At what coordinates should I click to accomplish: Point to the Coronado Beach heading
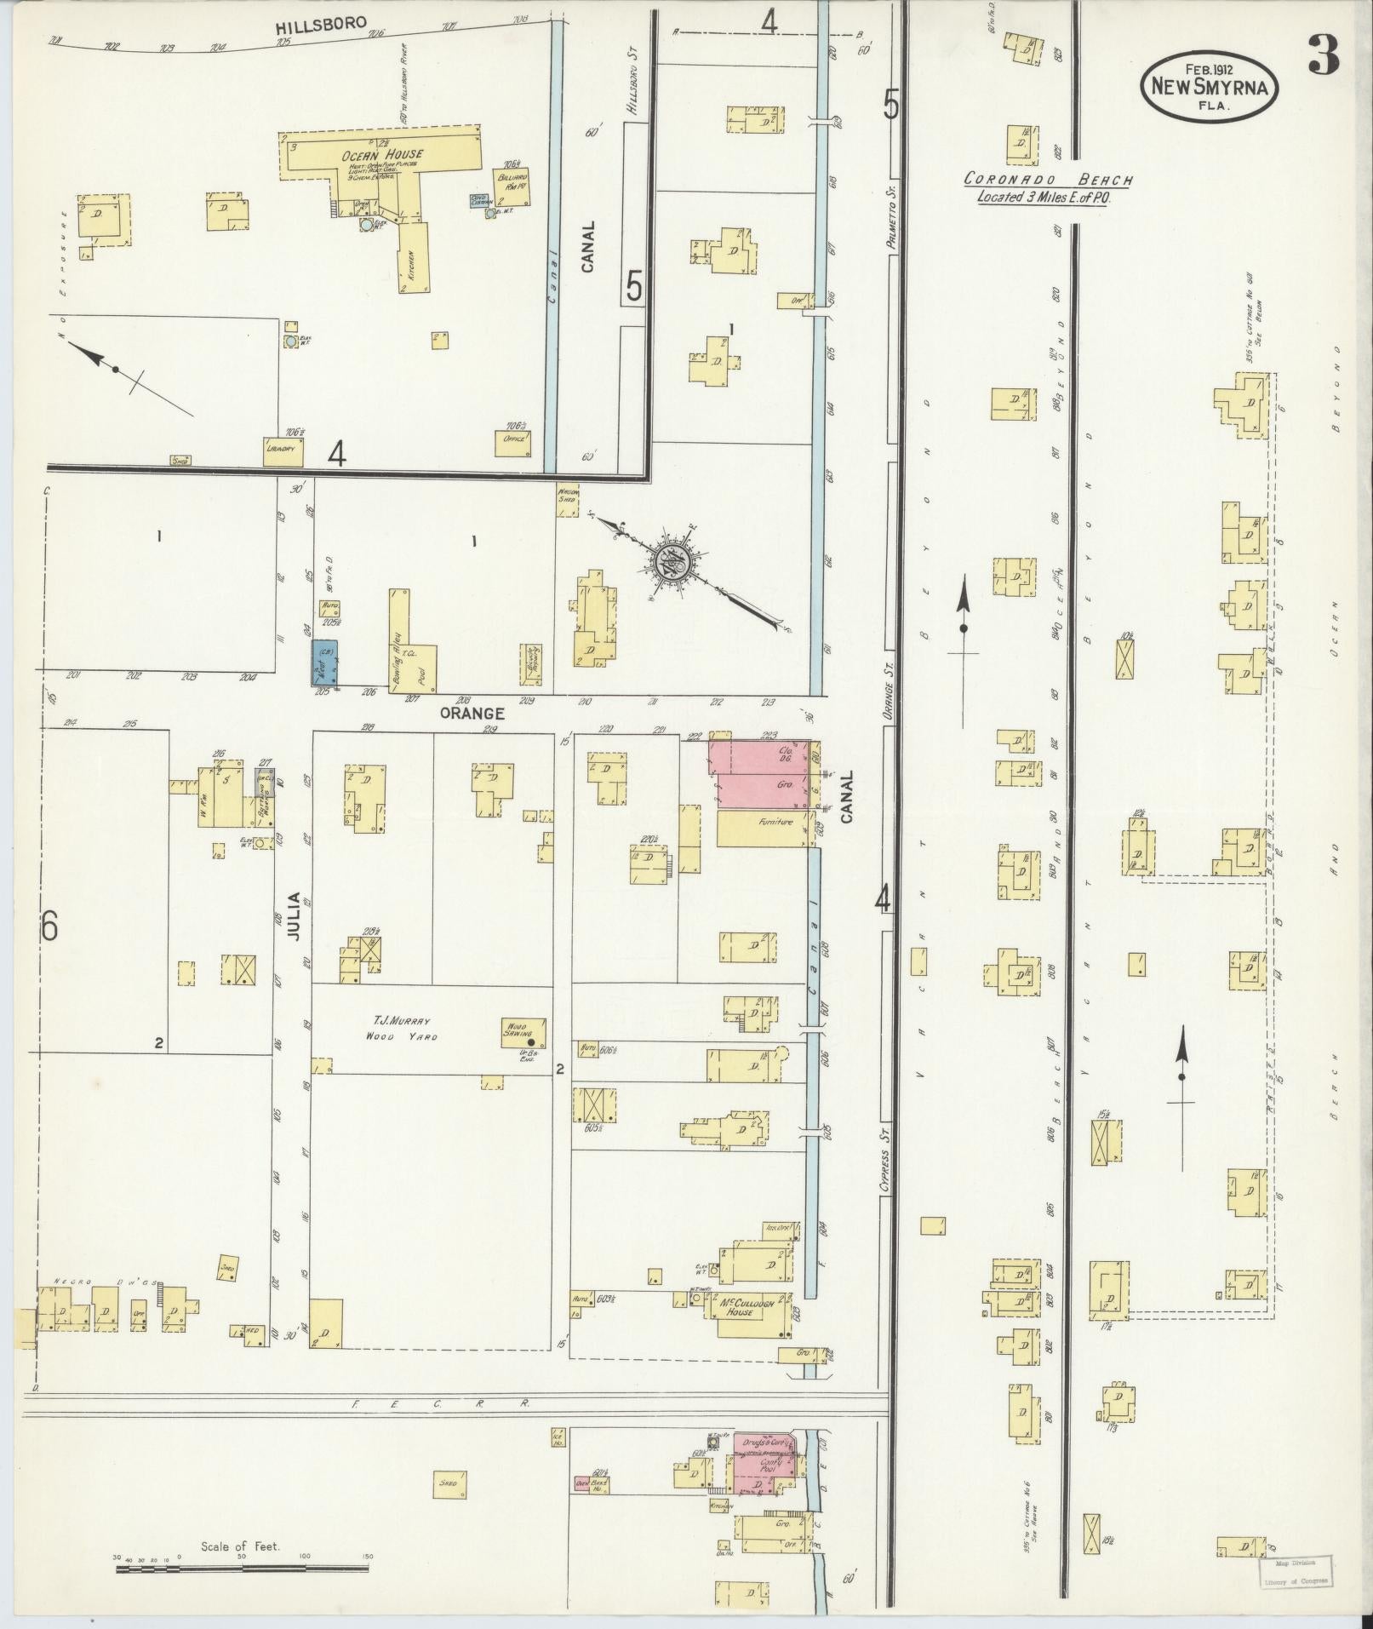click(1048, 181)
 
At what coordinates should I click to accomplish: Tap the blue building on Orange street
click(324, 662)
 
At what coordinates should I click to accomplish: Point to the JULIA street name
click(294, 915)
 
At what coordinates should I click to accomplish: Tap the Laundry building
click(283, 451)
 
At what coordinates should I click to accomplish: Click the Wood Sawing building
click(523, 1031)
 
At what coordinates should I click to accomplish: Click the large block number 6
click(49, 926)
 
